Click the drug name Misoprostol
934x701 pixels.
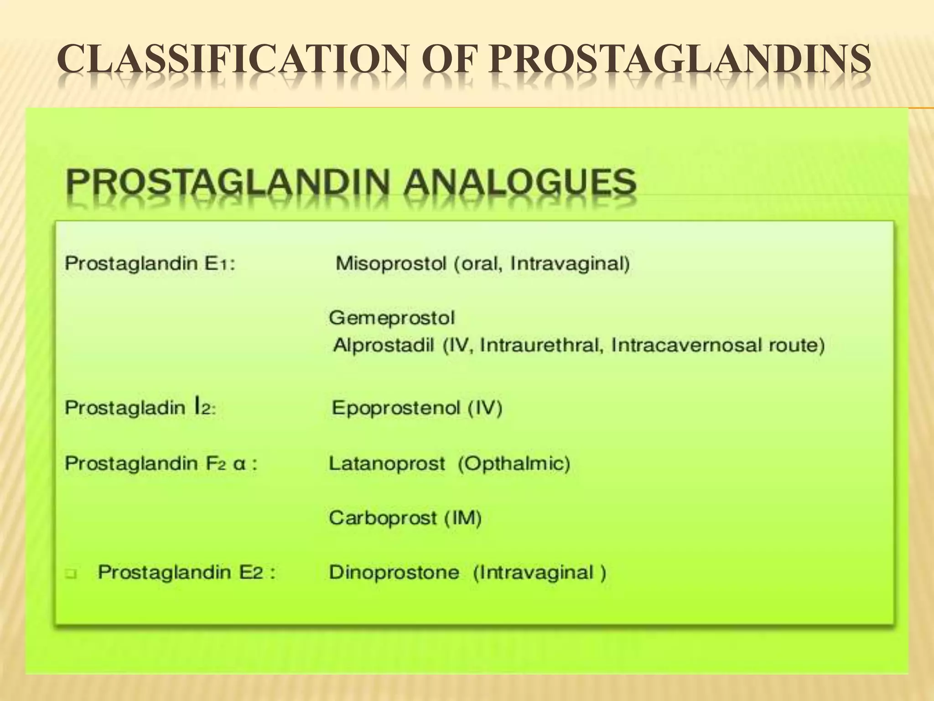[x=390, y=264]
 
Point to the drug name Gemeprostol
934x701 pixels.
[x=392, y=318]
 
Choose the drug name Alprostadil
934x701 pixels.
[x=384, y=345]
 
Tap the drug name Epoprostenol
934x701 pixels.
[x=395, y=408]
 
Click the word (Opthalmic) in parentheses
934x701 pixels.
[x=514, y=464]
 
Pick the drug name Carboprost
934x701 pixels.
[x=383, y=518]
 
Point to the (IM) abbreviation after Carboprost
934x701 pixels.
[x=463, y=518]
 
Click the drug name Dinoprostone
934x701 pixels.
[x=394, y=572]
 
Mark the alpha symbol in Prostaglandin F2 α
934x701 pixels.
[x=239, y=465]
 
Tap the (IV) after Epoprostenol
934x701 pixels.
[x=485, y=408]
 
